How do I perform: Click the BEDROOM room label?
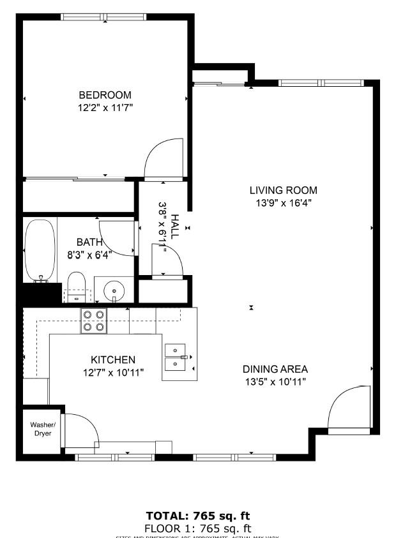pyautogui.click(x=105, y=95)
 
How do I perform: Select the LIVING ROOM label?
pyautogui.click(x=283, y=190)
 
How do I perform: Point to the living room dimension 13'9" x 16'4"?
pyautogui.click(x=283, y=203)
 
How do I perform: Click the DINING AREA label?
pyautogui.click(x=275, y=369)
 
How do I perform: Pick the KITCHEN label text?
pyautogui.click(x=113, y=360)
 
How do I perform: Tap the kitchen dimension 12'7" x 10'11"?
pyautogui.click(x=113, y=373)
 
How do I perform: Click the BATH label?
pyautogui.click(x=89, y=243)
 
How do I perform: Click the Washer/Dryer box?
pyautogui.click(x=43, y=430)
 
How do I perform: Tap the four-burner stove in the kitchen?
pyautogui.click(x=93, y=320)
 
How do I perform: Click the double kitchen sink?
pyautogui.click(x=176, y=357)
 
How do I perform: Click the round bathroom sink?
pyautogui.click(x=114, y=290)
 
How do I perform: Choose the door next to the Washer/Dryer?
pyautogui.click(x=80, y=431)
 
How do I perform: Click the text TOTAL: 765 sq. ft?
pyautogui.click(x=198, y=516)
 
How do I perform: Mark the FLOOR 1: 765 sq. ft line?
pyautogui.click(x=198, y=528)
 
